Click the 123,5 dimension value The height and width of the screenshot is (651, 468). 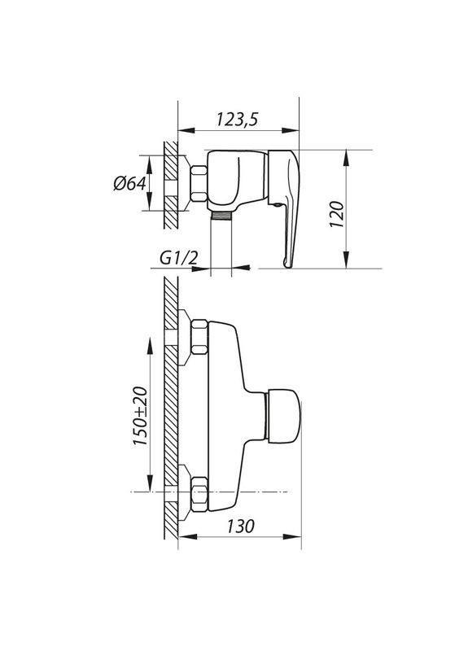point(237,119)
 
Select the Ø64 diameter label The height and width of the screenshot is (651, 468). point(129,183)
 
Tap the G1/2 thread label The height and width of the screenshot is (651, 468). point(178,258)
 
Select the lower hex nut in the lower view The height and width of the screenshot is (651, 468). point(199,493)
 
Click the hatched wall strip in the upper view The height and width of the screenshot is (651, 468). point(170,183)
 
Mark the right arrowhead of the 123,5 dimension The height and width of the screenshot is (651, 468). point(295,129)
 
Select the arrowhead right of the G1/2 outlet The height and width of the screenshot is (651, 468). point(238,266)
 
